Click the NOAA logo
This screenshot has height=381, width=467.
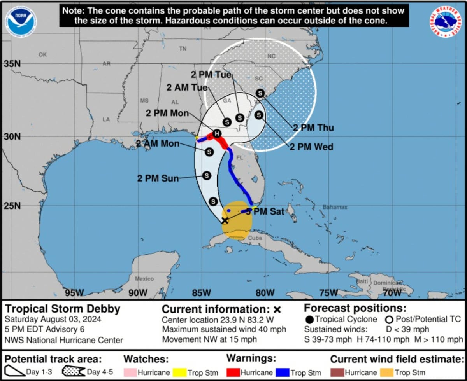(x=21, y=20)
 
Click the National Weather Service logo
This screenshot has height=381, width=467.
(x=446, y=22)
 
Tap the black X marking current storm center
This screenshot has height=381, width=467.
(x=225, y=220)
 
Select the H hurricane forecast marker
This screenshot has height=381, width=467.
(x=217, y=134)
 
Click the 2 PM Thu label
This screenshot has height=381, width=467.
(x=313, y=128)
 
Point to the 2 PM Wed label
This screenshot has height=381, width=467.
(x=311, y=147)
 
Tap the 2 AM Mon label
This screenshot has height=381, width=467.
(x=158, y=144)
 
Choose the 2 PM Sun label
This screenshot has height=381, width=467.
(x=158, y=178)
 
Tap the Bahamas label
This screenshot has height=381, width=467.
(x=335, y=207)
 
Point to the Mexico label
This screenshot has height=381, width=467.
(x=144, y=279)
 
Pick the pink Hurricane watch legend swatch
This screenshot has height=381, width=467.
(x=130, y=372)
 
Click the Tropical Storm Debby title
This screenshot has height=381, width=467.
(x=62, y=309)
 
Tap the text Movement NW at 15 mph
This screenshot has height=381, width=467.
(x=209, y=339)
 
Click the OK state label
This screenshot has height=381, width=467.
(x=42, y=55)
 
